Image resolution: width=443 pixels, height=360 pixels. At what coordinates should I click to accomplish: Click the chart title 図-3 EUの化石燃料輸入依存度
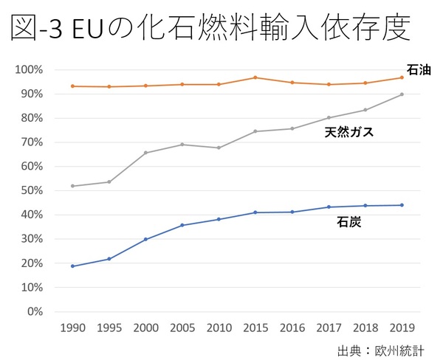(x=209, y=30)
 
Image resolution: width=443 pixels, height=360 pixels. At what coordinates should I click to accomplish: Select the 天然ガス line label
(x=349, y=133)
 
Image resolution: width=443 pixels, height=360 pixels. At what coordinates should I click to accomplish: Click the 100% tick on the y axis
(x=29, y=70)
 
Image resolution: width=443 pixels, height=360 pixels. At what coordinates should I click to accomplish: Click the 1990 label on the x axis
(x=72, y=327)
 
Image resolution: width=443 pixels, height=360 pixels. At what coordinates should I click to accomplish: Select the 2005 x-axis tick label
(x=182, y=327)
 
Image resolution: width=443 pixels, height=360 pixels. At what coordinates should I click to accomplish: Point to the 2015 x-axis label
(x=255, y=327)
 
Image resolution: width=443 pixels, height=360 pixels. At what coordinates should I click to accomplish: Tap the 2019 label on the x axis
(x=402, y=327)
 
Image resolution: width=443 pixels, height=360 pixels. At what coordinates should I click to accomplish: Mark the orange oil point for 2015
(x=255, y=77)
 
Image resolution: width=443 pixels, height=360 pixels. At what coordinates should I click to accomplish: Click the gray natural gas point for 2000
(x=145, y=153)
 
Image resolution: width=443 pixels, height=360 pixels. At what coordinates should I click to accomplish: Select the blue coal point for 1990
(x=72, y=266)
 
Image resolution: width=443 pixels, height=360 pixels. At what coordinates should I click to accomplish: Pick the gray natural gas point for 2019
(x=402, y=94)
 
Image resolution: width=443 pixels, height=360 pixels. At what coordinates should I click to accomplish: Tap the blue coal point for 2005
(x=182, y=225)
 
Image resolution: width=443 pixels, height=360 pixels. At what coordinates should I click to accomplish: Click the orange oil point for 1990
(x=72, y=86)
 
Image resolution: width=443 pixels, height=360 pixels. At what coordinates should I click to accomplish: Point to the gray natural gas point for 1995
(x=109, y=181)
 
